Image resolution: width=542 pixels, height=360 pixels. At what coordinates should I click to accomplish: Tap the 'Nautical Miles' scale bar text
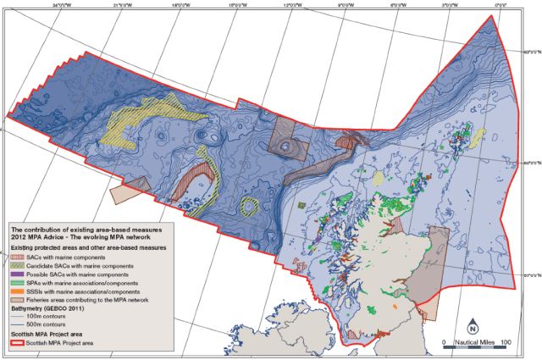click(x=474, y=342)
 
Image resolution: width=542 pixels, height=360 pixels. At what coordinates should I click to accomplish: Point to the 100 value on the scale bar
click(x=506, y=342)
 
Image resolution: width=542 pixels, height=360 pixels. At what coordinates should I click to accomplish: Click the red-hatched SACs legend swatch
click(x=17, y=257)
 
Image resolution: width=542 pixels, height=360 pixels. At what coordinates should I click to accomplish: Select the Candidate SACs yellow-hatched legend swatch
click(x=17, y=266)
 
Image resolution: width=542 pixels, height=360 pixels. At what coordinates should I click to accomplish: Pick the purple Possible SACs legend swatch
click(x=17, y=275)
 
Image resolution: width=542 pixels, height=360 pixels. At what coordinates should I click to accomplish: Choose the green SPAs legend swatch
click(x=17, y=284)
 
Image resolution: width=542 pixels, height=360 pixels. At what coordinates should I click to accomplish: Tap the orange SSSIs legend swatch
click(x=17, y=292)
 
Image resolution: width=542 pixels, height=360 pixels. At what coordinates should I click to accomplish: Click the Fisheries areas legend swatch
click(x=17, y=301)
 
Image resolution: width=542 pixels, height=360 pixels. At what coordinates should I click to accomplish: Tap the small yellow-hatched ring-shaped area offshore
click(x=249, y=205)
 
